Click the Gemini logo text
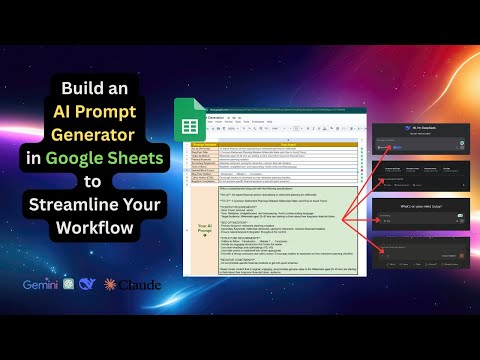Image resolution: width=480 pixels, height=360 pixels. point(41,284)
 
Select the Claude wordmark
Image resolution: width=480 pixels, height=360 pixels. point(141,285)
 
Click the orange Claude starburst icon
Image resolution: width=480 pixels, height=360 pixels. point(110,285)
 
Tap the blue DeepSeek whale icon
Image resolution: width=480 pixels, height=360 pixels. point(88,285)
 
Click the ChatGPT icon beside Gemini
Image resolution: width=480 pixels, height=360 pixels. point(68,285)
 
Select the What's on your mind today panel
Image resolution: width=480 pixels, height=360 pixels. point(423,216)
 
